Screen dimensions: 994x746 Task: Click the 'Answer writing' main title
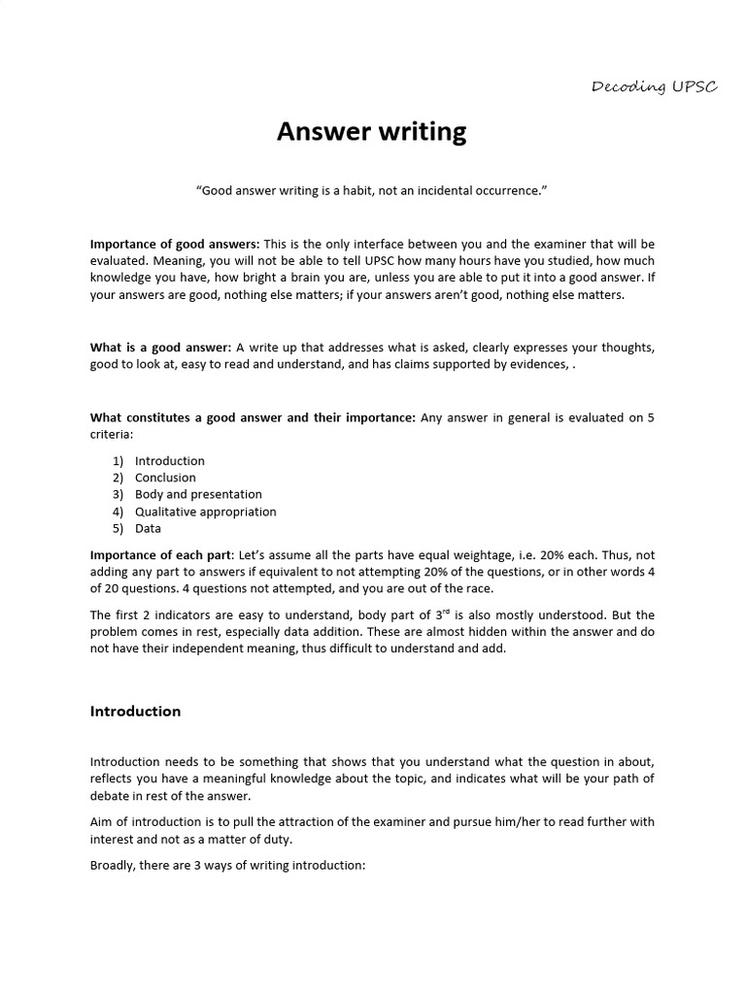tap(372, 131)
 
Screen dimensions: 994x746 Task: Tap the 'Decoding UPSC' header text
tap(655, 87)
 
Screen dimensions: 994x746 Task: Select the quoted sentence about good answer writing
tap(372, 190)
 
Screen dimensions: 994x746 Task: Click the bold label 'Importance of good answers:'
tap(175, 244)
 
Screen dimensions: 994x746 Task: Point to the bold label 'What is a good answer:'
tap(160, 348)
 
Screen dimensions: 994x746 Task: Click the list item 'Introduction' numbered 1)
tap(170, 461)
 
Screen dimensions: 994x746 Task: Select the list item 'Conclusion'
tap(165, 478)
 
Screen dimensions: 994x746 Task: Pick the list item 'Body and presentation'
tap(198, 494)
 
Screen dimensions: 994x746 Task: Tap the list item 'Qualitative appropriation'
tap(205, 512)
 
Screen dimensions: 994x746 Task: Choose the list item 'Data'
tap(148, 529)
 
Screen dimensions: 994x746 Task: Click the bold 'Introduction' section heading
tap(135, 712)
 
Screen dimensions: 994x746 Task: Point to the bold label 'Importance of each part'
tap(161, 554)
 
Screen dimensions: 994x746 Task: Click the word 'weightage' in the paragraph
tap(461, 554)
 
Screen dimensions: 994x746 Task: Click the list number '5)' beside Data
tap(118, 529)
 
